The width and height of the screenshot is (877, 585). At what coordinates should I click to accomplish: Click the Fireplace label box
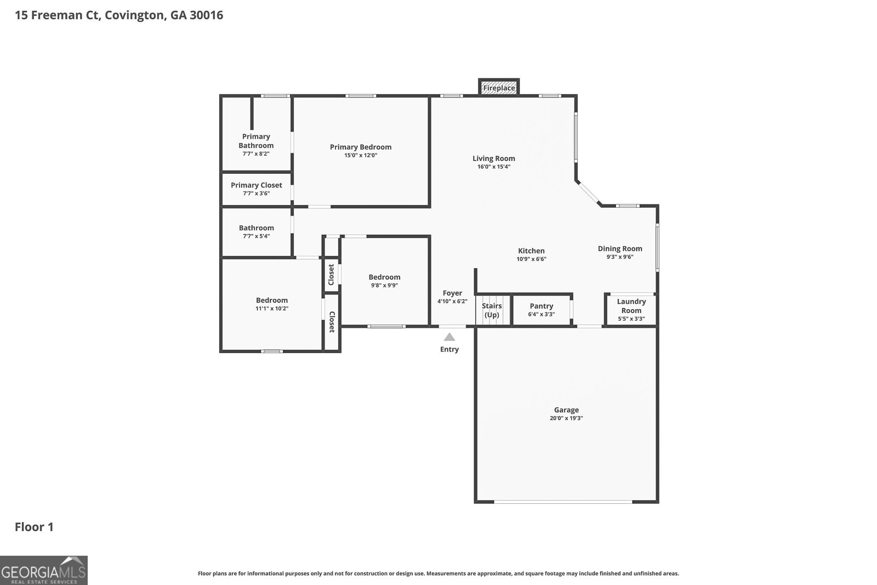click(499, 88)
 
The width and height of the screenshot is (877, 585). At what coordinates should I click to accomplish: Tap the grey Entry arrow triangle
click(449, 337)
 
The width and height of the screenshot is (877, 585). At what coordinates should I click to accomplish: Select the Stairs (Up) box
click(492, 310)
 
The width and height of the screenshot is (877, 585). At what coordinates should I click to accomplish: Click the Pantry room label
click(542, 306)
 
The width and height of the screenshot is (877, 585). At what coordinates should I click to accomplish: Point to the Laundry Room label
click(631, 306)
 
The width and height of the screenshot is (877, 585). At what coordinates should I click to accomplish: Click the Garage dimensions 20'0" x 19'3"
click(566, 418)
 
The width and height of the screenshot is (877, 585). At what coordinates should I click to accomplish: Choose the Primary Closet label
click(256, 185)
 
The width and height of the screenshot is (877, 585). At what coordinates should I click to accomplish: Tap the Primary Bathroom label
click(256, 141)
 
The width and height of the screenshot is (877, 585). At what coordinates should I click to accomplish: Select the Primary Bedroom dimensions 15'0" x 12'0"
click(361, 155)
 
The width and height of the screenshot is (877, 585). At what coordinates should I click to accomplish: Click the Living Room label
click(494, 158)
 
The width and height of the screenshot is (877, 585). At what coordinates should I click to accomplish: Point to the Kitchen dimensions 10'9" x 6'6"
click(531, 259)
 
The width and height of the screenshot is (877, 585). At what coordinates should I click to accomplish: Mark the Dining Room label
click(620, 248)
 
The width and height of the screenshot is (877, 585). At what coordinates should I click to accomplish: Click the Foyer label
click(452, 293)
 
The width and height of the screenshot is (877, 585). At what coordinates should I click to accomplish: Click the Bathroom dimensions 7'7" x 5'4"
click(256, 236)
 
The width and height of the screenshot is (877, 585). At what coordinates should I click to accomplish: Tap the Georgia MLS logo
click(44, 570)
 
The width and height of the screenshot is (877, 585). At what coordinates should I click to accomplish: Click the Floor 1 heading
click(34, 527)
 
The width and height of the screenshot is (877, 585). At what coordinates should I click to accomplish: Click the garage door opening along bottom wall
click(563, 501)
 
